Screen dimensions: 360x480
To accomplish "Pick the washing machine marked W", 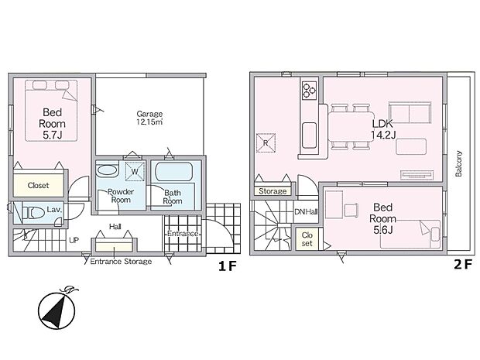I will [134, 171].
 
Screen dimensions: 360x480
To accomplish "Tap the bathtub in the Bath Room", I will [176, 171].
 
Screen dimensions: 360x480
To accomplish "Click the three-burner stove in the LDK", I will [308, 90].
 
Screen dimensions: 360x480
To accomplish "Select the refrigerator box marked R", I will [266, 142].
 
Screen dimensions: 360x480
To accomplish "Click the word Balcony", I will [458, 164].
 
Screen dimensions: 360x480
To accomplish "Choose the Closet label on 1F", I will [38, 186].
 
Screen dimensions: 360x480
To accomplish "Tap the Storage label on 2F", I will [272, 190].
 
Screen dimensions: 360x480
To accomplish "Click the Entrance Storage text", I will [121, 262].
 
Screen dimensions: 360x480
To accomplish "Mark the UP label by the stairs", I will [74, 240].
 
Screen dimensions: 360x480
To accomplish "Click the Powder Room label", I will [121, 196].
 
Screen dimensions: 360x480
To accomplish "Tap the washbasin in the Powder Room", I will [107, 171].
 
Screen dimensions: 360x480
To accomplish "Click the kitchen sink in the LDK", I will [308, 130].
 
